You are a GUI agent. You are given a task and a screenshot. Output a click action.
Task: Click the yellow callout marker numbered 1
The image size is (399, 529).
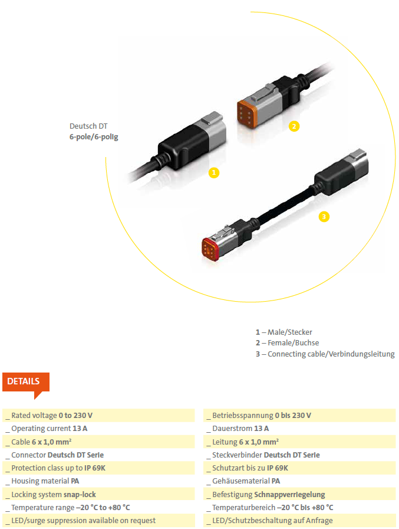[214, 173]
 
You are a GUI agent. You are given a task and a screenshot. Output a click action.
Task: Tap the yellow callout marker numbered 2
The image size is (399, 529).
[294, 126]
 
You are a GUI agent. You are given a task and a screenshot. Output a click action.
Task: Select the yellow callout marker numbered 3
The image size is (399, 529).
[324, 217]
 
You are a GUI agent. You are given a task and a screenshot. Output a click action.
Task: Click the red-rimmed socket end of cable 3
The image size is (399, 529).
[210, 249]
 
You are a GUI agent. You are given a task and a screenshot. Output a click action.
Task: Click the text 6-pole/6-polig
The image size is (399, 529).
[94, 137]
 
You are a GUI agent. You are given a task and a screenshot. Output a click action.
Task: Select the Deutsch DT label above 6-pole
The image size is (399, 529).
[88, 126]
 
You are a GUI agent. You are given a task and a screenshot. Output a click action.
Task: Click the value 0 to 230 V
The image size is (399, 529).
[75, 415]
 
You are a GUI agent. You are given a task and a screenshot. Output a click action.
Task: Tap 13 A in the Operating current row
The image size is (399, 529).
[80, 429]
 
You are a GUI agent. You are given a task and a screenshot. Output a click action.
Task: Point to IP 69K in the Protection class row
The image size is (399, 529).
[95, 468]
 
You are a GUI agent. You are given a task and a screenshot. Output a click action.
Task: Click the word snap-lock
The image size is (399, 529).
[80, 495]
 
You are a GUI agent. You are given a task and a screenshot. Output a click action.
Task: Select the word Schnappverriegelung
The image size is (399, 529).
[289, 495]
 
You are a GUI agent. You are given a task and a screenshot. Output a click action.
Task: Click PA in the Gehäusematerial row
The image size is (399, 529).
[276, 481]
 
